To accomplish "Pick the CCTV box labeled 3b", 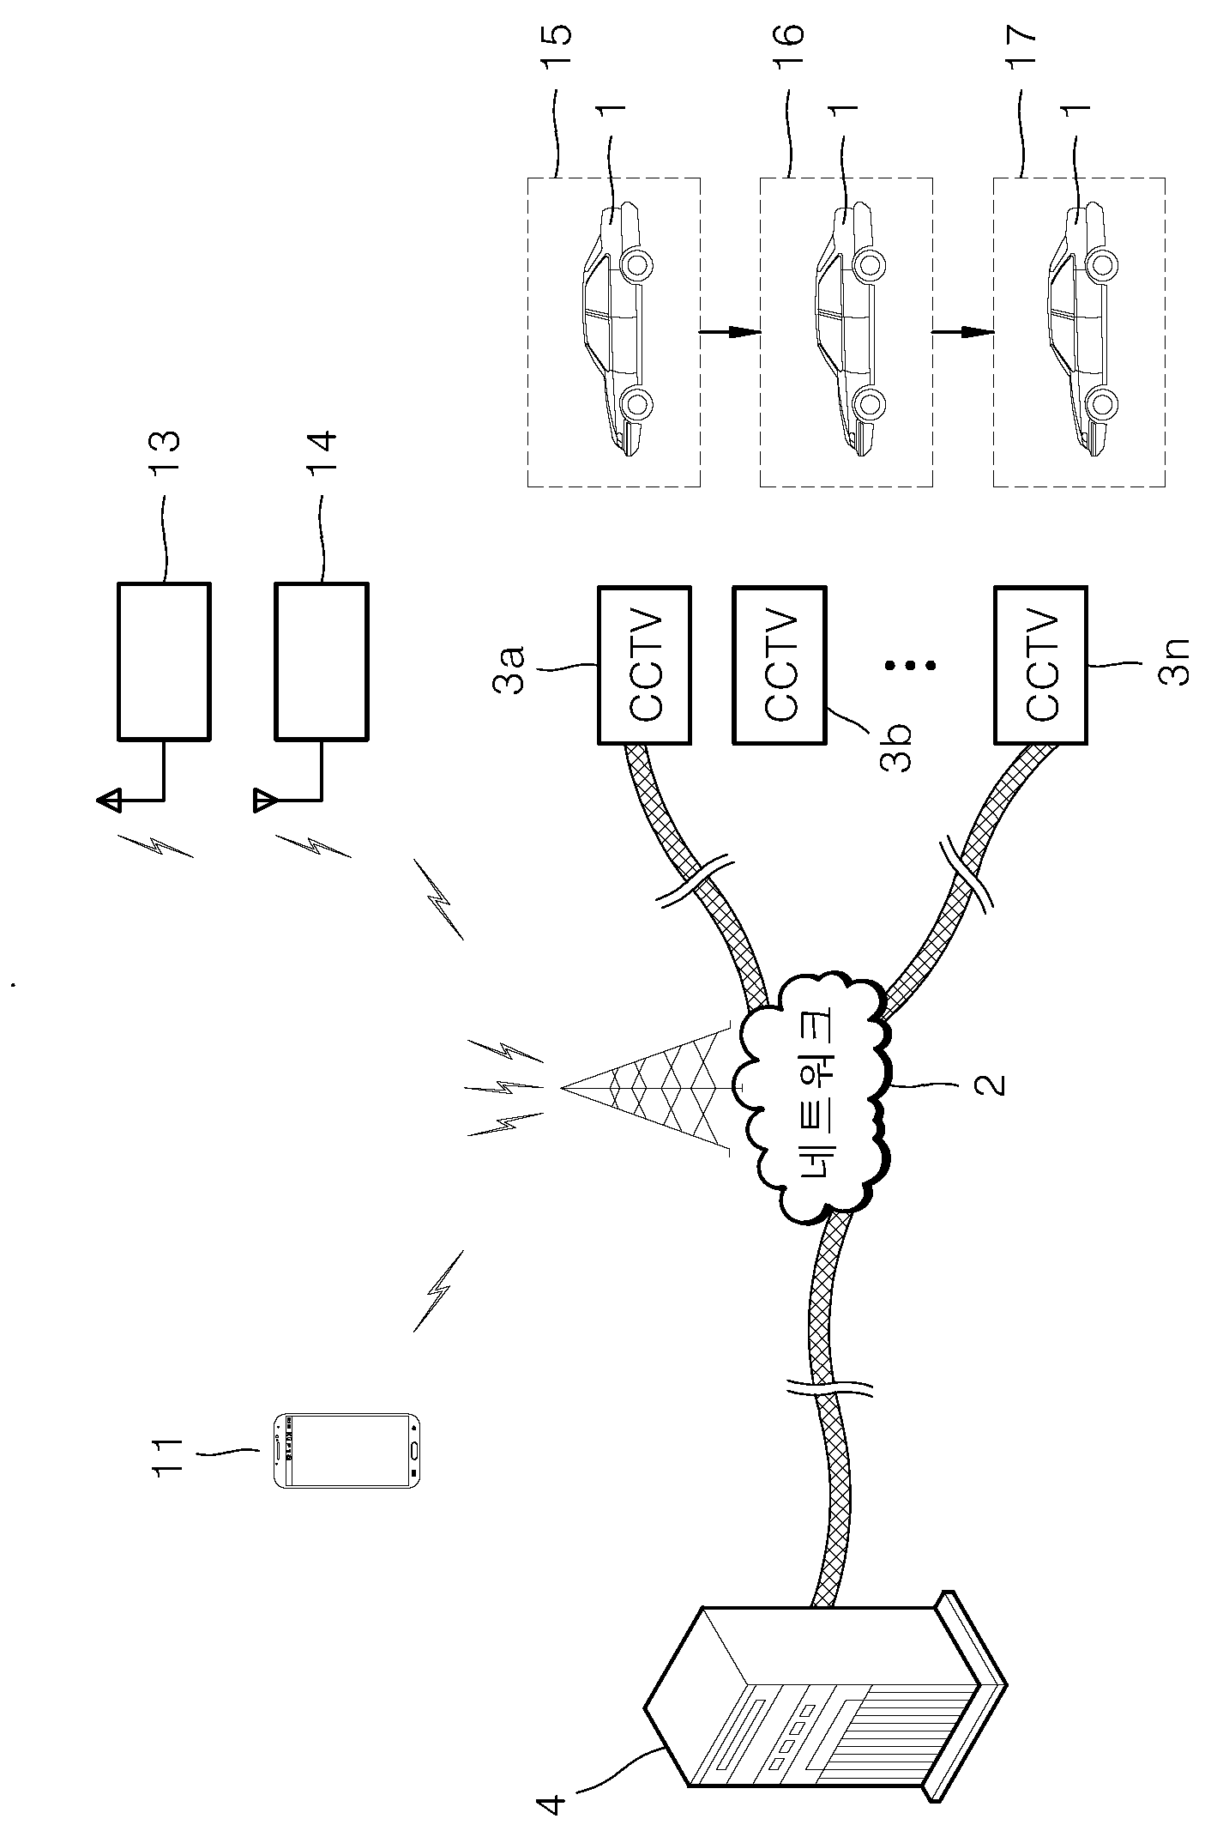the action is pyautogui.click(x=780, y=664).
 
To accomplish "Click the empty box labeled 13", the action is pyautogui.click(x=164, y=661).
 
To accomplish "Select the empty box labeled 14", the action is pyautogui.click(x=322, y=661).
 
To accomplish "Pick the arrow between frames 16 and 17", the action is pyautogui.click(x=963, y=332).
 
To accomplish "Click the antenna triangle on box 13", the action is pyautogui.click(x=109, y=801).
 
